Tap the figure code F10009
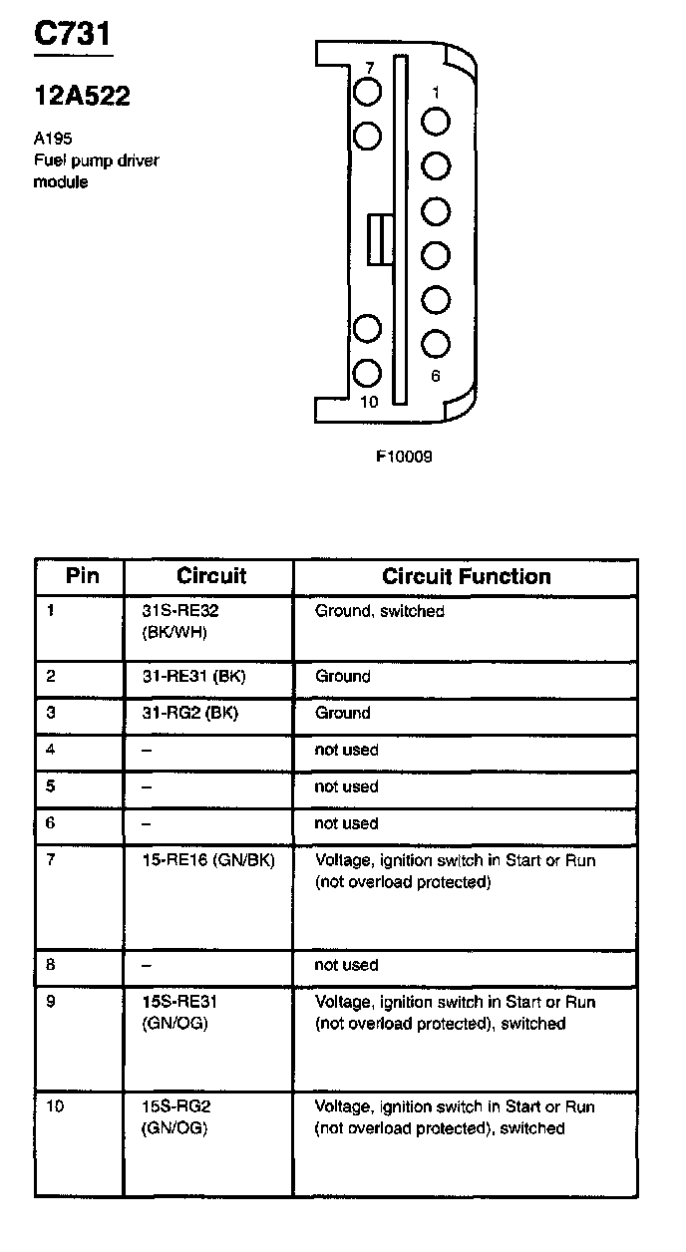(404, 458)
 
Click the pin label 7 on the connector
(369, 68)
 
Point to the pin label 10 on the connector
(369, 402)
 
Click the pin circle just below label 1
(436, 122)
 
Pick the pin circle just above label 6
(436, 343)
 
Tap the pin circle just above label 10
(368, 373)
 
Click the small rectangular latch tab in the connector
(377, 239)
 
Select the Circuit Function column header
(466, 576)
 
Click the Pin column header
(82, 576)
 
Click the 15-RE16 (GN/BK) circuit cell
(208, 860)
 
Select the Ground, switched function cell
(380, 611)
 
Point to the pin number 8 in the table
(51, 965)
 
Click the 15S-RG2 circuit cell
(176, 1117)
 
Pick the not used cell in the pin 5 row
(346, 786)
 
